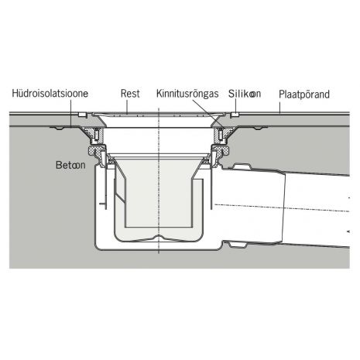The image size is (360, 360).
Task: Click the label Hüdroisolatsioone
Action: [50, 94]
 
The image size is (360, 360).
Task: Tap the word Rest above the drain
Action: [130, 94]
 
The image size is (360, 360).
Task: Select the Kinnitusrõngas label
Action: [187, 94]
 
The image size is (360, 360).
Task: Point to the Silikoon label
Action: [245, 94]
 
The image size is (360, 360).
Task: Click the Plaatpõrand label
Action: [304, 94]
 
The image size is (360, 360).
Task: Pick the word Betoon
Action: [70, 165]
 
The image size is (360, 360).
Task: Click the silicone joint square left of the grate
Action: [82, 115]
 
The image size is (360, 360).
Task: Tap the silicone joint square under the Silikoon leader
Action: [235, 115]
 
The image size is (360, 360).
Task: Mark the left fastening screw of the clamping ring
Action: [96, 135]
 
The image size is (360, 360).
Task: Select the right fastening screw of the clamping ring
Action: [221, 135]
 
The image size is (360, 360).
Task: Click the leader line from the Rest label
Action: [127, 107]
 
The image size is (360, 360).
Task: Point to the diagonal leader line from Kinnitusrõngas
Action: [208, 113]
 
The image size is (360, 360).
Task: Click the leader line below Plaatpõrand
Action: [279, 107]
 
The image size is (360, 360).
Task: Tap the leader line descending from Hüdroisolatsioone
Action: [71, 113]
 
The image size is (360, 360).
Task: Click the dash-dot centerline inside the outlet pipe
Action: [282, 207]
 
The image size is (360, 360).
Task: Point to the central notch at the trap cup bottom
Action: [159, 237]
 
